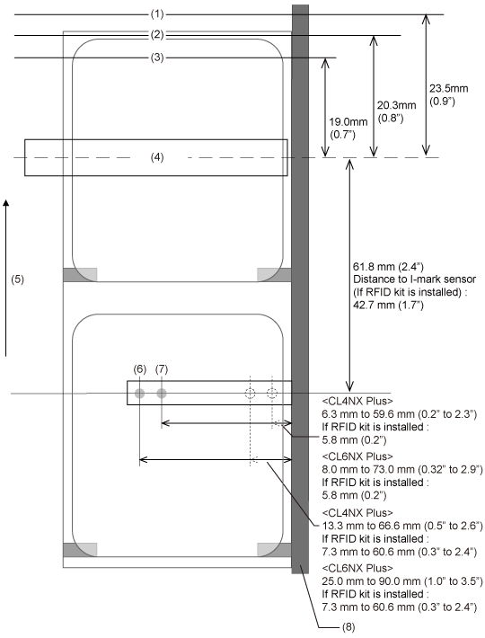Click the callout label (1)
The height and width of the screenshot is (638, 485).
pos(157,14)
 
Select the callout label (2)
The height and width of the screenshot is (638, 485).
pos(157,35)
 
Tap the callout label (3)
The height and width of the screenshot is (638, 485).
pos(157,58)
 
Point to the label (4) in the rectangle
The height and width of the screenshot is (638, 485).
pos(157,157)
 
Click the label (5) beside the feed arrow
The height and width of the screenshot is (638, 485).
pos(17,279)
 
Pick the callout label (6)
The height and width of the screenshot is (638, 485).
pos(139,369)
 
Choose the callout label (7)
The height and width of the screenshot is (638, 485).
pos(162,369)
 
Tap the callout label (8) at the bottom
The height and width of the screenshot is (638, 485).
pos(348,627)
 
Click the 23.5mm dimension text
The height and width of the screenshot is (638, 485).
pos(449,89)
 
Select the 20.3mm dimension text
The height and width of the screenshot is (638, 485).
pos(396,105)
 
